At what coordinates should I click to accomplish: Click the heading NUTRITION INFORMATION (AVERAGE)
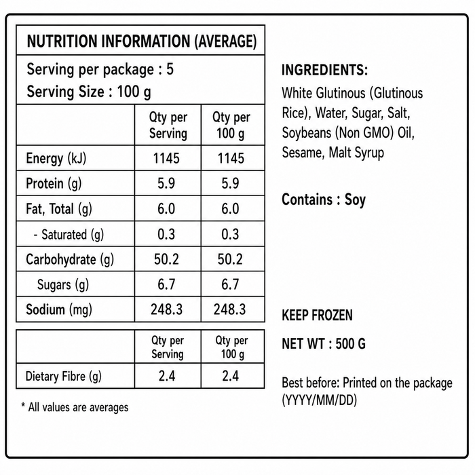pos(142,41)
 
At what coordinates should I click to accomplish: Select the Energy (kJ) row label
pos(56,158)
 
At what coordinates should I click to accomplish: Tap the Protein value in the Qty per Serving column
pos(166,183)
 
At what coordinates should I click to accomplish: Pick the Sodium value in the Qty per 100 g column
pos(229,309)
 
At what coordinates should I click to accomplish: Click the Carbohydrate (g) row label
pos(70,260)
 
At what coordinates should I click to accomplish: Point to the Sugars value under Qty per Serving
pos(166,284)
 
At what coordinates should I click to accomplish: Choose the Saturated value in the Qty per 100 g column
pos(230,234)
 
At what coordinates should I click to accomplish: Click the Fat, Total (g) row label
pos(59,209)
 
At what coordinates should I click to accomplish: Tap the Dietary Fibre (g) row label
pos(64,377)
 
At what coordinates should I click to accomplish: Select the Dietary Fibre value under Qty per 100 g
pos(230,376)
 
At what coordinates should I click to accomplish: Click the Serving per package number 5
pos(170,69)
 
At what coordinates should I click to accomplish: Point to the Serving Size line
pos(89,92)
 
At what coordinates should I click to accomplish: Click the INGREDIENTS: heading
pos(325,70)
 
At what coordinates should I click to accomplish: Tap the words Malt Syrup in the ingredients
pos(356,153)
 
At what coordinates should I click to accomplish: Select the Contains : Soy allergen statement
pos(324,200)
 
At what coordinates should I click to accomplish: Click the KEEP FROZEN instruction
pos(317,316)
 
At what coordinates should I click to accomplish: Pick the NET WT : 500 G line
pos(324,344)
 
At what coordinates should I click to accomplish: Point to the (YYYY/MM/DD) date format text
pos(320,400)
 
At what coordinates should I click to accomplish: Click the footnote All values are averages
pos(75,407)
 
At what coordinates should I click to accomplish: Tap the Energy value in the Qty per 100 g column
pos(231,158)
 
